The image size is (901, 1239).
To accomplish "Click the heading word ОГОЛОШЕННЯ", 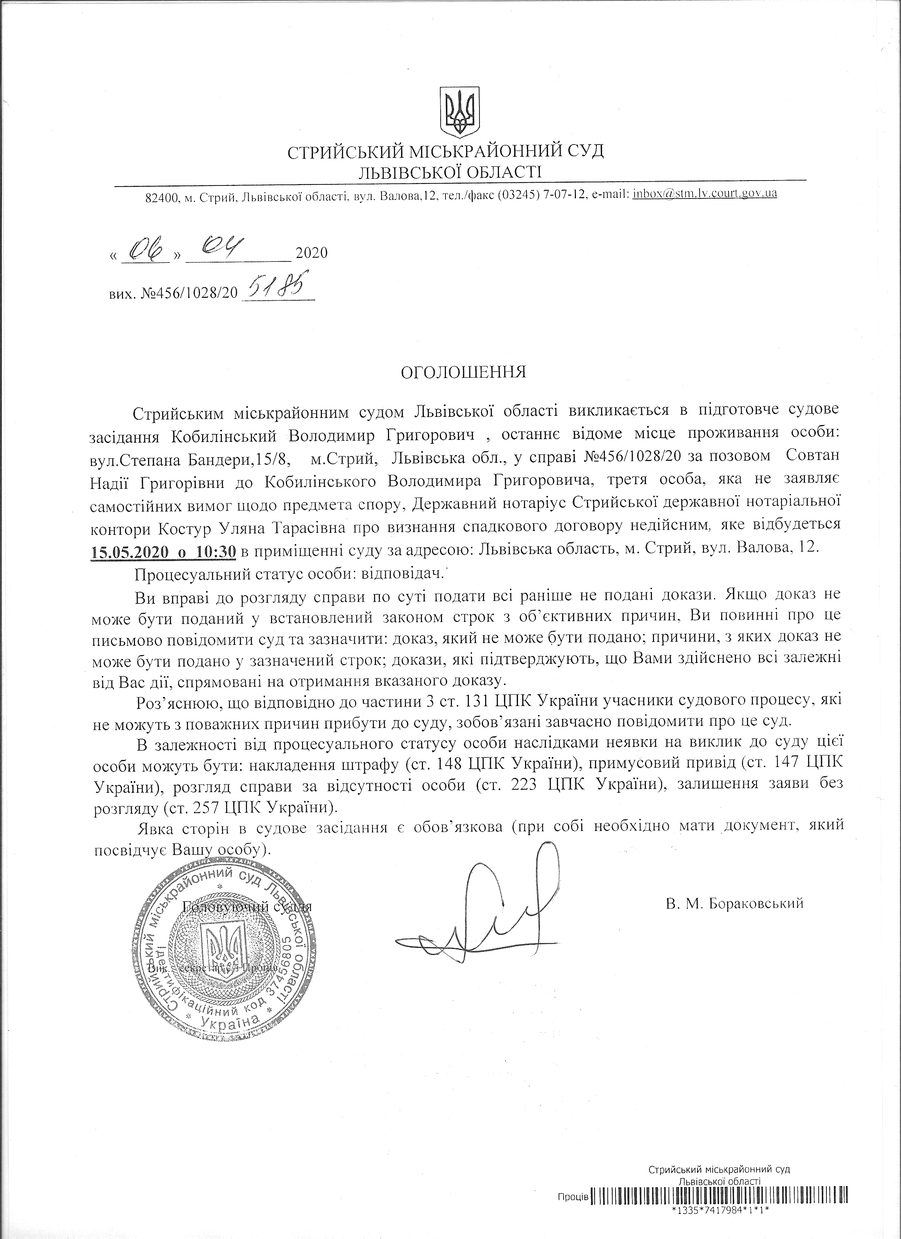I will pyautogui.click(x=463, y=373).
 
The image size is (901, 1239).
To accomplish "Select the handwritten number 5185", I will pyautogui.click(x=278, y=288).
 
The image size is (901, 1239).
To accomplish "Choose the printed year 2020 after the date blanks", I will pyautogui.click(x=311, y=253).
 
